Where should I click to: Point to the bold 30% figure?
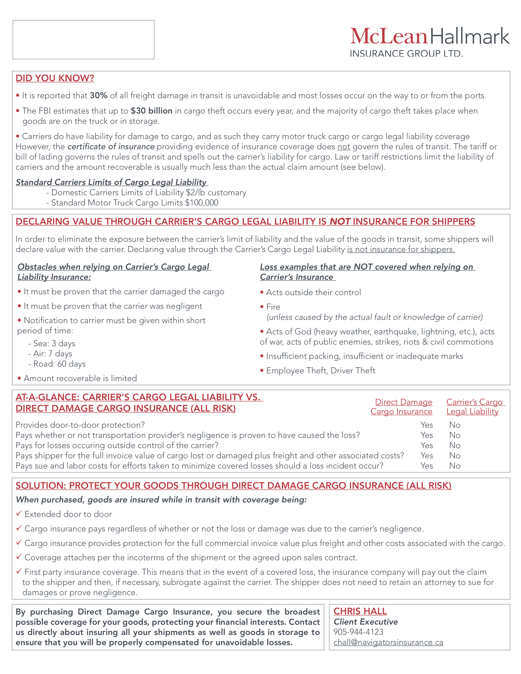(x=98, y=96)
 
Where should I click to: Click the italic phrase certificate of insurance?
(x=111, y=147)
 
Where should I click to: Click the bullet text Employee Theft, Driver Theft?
(x=320, y=371)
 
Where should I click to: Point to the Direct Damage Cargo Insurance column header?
(x=401, y=407)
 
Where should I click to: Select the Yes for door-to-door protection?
(x=427, y=425)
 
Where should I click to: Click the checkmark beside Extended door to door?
(x=19, y=513)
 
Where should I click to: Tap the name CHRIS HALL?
(x=360, y=611)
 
